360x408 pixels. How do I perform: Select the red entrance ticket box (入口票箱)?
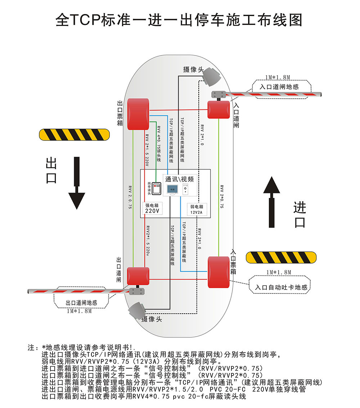[219, 272]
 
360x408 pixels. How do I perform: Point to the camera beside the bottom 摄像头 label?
[137, 310]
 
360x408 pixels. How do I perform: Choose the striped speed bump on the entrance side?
[281, 257]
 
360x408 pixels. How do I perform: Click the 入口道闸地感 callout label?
[279, 87]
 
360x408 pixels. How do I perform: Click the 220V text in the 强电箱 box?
[152, 211]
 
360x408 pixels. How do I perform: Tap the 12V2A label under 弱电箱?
[197, 212]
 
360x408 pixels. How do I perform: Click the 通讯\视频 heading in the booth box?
[182, 179]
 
